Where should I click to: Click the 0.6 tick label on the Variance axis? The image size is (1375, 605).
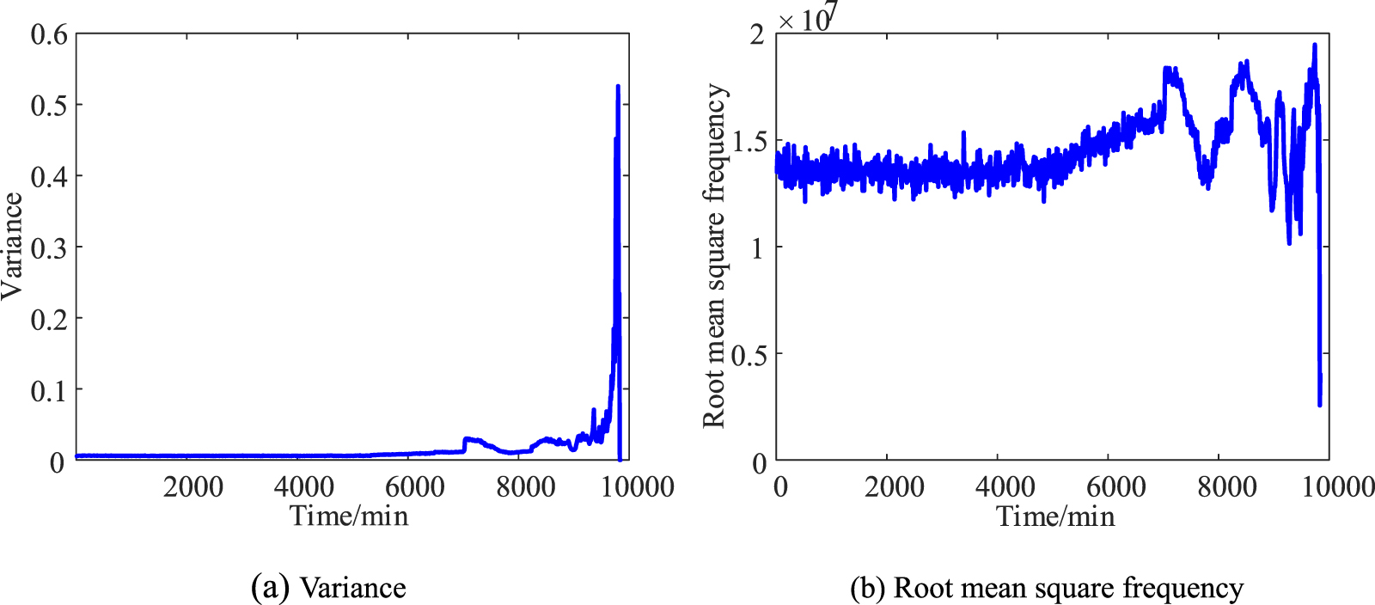tap(48, 34)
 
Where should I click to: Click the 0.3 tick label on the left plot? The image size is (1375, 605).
tap(48, 248)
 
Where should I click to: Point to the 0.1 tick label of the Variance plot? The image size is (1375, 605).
tap(48, 391)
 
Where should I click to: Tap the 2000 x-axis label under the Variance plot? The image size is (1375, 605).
tap(193, 487)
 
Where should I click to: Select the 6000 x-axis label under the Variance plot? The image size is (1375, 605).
tap(415, 487)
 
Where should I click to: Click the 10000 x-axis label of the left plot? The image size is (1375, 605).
tap(637, 487)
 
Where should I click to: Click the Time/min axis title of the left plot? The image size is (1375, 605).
tap(349, 516)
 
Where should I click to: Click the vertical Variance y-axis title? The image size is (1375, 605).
tap(12, 246)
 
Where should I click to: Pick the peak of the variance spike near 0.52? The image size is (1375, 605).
tap(618, 87)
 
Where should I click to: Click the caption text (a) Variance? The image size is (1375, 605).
tap(328, 588)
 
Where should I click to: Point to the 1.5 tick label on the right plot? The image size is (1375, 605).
tap(749, 142)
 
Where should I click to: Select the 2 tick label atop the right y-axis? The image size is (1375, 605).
tap(756, 34)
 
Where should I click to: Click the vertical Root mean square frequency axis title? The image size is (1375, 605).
tap(714, 255)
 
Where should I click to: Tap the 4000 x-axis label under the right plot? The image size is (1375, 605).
tap(1005, 487)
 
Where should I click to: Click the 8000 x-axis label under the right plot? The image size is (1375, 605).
tap(1226, 487)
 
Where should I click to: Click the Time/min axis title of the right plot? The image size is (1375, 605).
tap(1055, 516)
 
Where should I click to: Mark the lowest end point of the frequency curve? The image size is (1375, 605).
tap(1320, 404)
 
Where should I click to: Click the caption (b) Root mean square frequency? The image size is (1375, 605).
tap(1047, 588)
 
